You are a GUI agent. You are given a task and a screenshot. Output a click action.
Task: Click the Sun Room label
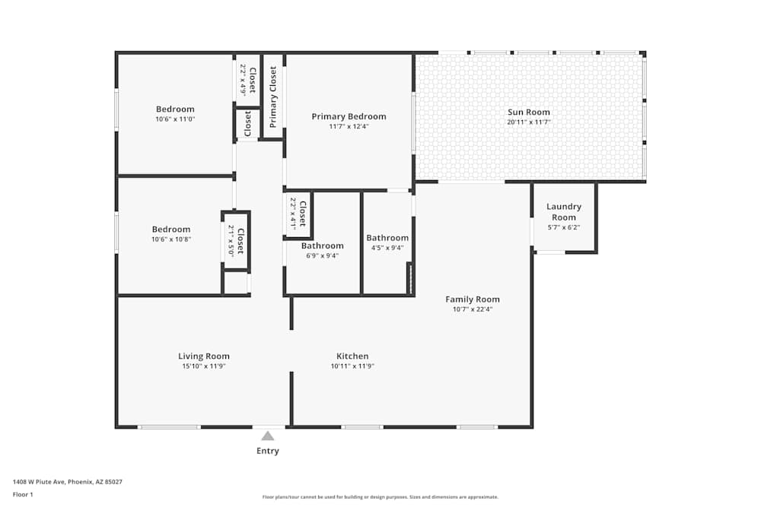click(x=529, y=112)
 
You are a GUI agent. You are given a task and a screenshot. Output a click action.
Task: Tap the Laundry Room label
click(x=563, y=212)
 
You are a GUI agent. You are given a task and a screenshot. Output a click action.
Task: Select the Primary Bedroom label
click(x=349, y=116)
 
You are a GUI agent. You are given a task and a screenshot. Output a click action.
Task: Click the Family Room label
click(x=473, y=299)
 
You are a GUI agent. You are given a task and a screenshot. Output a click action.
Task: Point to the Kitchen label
click(x=352, y=356)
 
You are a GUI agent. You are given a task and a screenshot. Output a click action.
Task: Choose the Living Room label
click(x=204, y=356)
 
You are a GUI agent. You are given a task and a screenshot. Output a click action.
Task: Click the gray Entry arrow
click(x=268, y=436)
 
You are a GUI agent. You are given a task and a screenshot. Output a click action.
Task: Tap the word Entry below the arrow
click(x=268, y=451)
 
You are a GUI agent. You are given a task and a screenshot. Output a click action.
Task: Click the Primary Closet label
click(x=272, y=97)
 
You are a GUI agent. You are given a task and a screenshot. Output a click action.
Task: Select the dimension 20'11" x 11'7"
click(x=529, y=122)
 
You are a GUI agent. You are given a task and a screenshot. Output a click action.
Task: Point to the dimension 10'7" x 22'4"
click(x=473, y=309)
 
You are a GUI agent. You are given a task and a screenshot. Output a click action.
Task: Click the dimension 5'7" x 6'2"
click(x=563, y=227)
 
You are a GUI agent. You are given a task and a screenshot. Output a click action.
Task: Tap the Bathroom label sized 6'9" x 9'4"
click(x=322, y=246)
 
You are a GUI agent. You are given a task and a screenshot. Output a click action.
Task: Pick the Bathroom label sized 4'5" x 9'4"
click(x=387, y=237)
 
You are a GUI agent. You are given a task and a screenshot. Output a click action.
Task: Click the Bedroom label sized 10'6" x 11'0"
click(x=175, y=109)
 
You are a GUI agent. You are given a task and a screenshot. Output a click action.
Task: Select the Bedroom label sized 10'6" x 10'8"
click(x=170, y=230)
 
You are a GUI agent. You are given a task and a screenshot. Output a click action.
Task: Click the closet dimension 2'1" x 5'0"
click(x=231, y=240)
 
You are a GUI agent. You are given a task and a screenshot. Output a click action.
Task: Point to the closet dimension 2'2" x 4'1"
click(x=293, y=214)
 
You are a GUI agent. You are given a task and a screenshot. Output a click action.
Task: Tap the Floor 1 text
click(x=23, y=494)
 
